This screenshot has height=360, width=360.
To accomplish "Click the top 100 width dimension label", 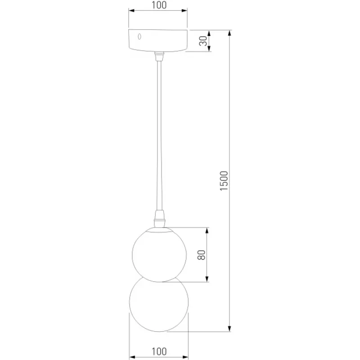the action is point(159,5).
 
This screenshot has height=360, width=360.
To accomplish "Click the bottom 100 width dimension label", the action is point(159,351).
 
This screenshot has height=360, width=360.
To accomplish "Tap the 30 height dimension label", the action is point(203,41).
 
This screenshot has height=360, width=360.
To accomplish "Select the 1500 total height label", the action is point(224,181).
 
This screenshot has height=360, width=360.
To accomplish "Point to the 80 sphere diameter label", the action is point(201,255).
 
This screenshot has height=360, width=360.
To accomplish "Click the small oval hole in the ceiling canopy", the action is point(139,36).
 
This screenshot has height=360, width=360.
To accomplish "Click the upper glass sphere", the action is point(159,254).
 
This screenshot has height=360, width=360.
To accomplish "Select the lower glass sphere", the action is point(159,304).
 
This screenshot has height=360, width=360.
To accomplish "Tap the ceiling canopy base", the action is point(158,40).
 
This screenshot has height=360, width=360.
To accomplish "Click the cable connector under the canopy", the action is point(159,56).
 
